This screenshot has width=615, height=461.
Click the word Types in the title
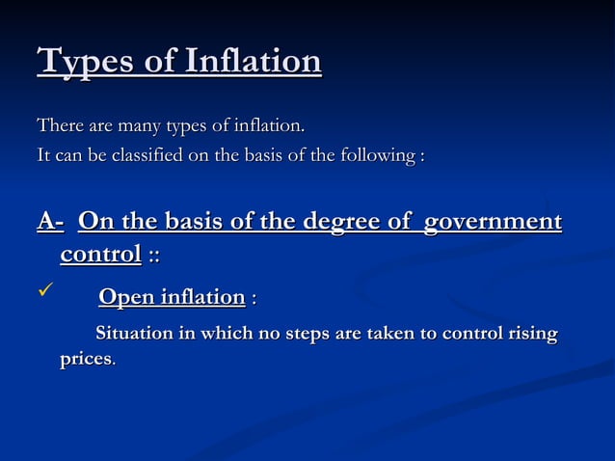[x=85, y=63]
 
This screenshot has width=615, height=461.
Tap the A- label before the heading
[x=50, y=223]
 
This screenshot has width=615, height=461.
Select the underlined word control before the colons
[x=100, y=255]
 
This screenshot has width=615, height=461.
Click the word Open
[x=125, y=297]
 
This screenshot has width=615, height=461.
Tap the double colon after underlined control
[x=154, y=256]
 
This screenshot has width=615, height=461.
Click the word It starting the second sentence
[x=43, y=155]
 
